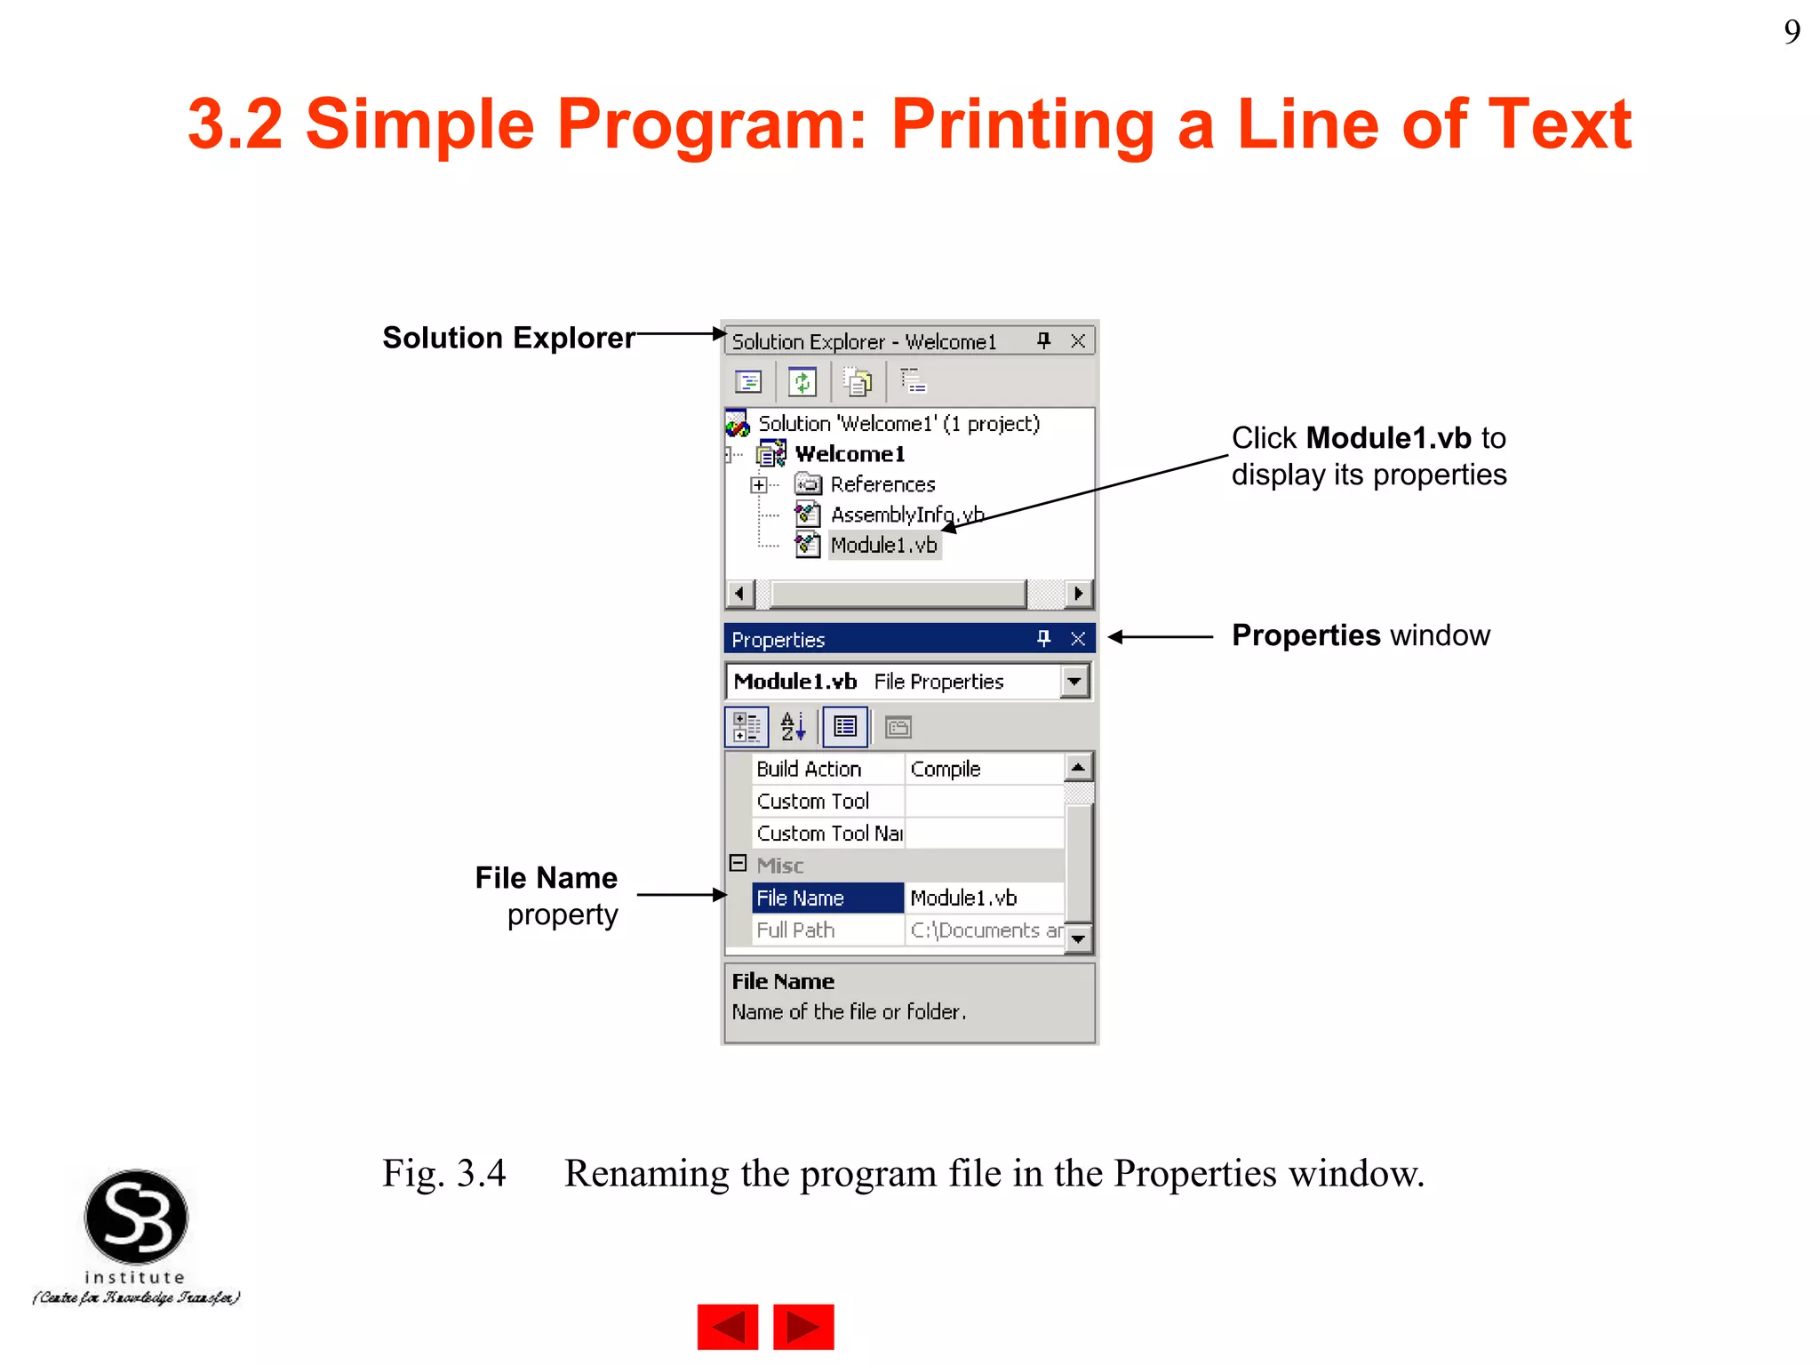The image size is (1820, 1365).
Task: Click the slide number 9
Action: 1792,33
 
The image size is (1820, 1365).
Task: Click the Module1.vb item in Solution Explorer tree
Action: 883,545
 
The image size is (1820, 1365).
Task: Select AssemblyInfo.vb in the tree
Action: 906,515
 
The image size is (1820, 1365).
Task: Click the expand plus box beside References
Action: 758,485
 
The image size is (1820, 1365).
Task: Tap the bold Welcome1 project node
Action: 850,454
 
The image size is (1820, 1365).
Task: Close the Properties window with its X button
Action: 1078,639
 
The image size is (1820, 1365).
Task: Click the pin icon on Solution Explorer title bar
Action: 1043,340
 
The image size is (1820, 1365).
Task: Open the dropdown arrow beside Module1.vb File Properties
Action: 1074,682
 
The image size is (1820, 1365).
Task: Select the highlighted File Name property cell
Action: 827,898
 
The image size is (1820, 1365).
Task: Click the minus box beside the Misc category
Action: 738,864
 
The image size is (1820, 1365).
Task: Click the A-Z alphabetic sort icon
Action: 793,727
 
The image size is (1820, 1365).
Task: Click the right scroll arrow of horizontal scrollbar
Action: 1078,593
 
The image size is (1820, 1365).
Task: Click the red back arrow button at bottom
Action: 728,1327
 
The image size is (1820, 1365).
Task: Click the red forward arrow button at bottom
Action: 803,1327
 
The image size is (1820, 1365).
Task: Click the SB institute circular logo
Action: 136,1217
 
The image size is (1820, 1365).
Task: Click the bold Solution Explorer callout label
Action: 508,338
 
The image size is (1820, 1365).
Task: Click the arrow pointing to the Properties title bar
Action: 1160,636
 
